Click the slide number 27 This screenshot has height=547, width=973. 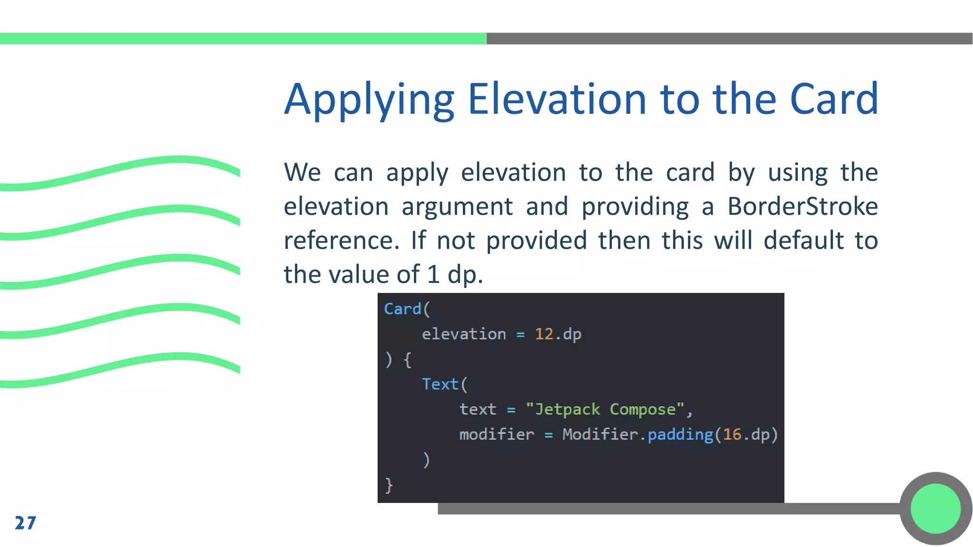point(26,523)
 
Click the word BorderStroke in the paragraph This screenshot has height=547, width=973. point(802,207)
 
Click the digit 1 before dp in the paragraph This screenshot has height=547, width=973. point(433,274)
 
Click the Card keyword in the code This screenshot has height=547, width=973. point(402,309)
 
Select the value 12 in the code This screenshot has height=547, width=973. point(544,334)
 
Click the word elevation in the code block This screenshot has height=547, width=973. point(464,334)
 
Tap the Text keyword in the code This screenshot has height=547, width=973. point(440,384)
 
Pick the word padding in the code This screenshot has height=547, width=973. point(680,434)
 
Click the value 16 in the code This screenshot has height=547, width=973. point(732,434)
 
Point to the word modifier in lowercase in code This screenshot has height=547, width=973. point(496,434)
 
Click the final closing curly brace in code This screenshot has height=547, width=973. point(389,485)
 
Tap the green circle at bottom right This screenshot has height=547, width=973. point(935,508)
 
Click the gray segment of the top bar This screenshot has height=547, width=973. point(729,38)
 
